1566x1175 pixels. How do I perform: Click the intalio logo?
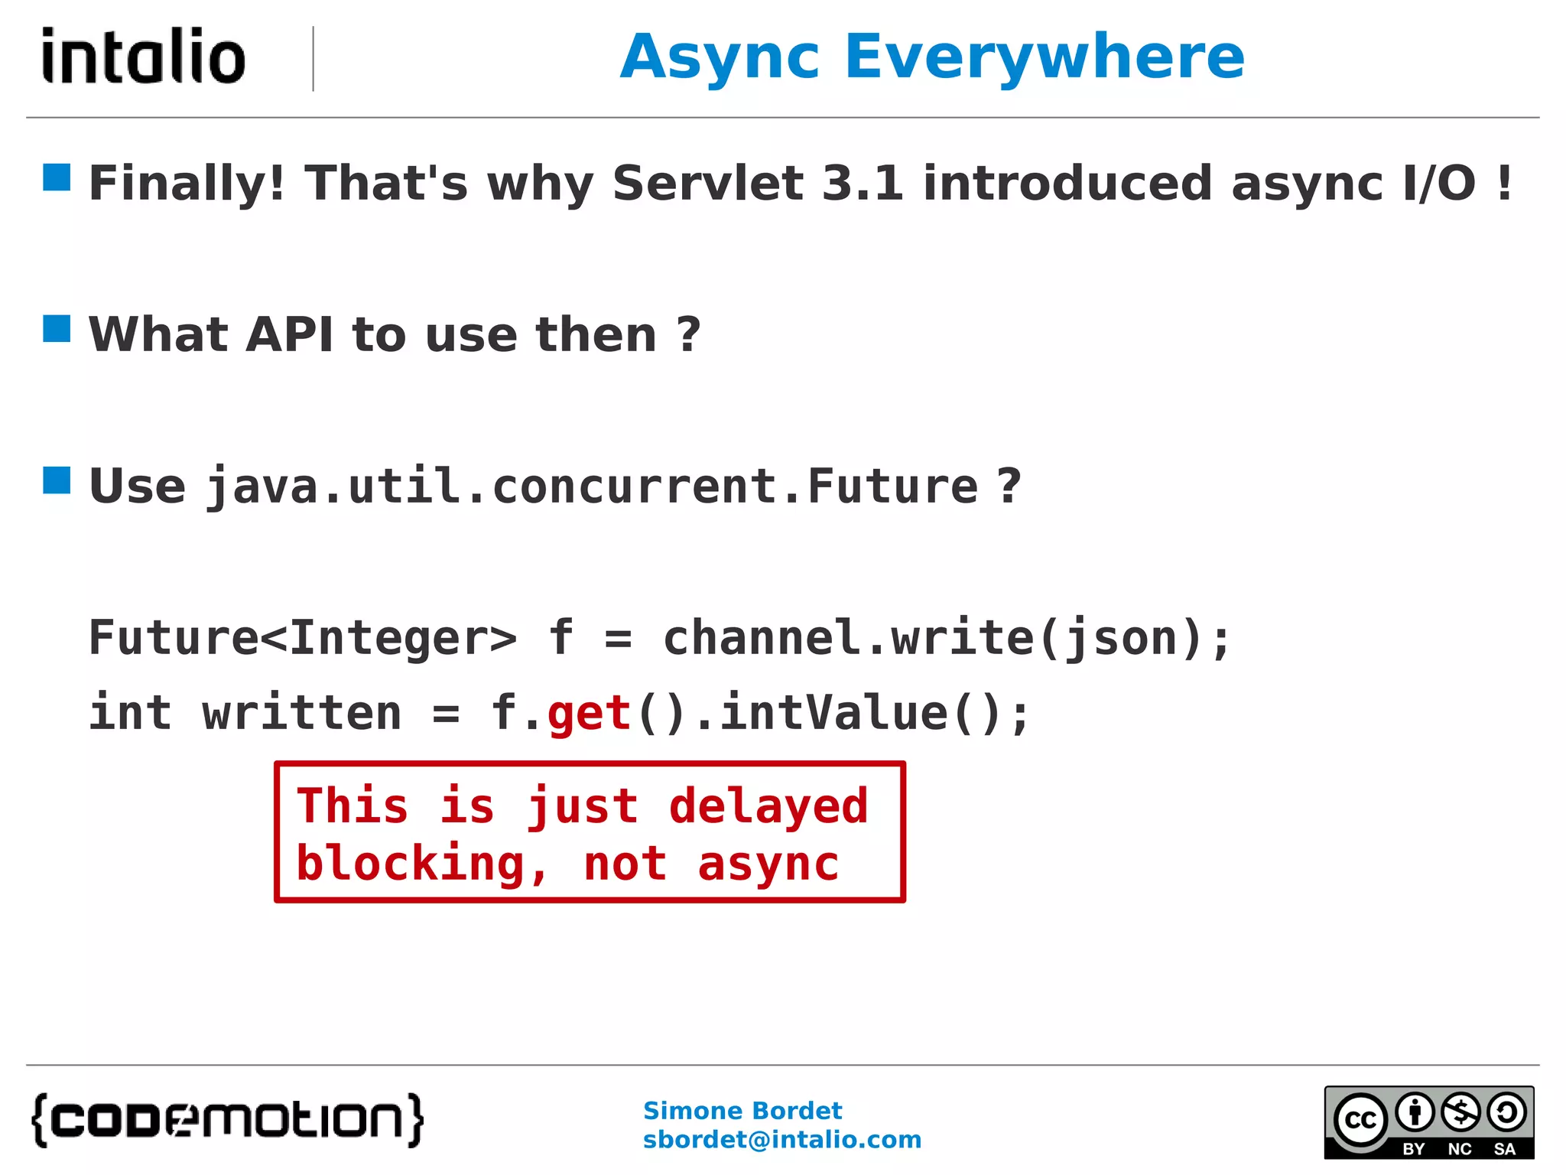pos(144,57)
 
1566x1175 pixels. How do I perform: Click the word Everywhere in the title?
pos(1045,57)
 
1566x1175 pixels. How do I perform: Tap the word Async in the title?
pos(720,58)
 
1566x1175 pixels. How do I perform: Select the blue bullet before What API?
pos(57,328)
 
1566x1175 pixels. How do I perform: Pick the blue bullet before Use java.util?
pos(57,480)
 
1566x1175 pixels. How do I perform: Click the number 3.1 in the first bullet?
pos(862,184)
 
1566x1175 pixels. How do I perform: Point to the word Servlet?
pos(707,184)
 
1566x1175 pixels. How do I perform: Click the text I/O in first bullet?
pos(1439,184)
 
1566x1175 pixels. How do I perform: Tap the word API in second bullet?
pos(289,335)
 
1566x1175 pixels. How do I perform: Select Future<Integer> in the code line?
pos(303,637)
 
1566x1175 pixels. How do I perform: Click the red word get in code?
pos(589,714)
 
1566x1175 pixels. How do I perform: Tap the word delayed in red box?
pos(768,806)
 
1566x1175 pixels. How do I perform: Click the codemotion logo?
pos(228,1120)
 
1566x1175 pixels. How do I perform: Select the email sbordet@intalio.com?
pos(781,1140)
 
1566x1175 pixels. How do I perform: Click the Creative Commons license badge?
pos(1428,1121)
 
